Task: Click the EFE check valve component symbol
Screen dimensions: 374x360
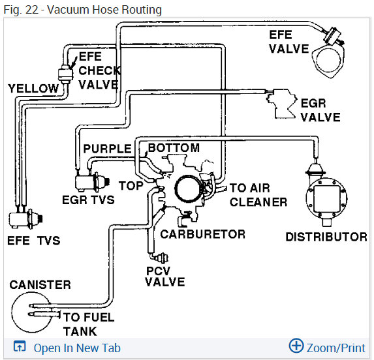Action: (x=65, y=74)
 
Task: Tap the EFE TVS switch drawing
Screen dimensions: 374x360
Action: (x=25, y=219)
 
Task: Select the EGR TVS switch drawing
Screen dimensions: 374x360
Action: (x=92, y=182)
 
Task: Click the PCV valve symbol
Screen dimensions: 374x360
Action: (x=161, y=258)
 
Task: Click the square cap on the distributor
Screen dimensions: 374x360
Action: (x=327, y=199)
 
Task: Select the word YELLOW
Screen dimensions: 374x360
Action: (x=33, y=89)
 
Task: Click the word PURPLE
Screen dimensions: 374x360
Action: (x=107, y=149)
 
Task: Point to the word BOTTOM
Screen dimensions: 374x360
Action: (x=174, y=147)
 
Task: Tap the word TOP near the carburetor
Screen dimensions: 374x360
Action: (x=131, y=186)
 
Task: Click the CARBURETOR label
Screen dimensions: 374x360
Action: (x=203, y=234)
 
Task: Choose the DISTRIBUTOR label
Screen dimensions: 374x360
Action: (x=326, y=237)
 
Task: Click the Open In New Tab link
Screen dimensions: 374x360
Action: (x=77, y=348)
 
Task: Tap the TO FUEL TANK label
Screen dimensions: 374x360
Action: (x=89, y=324)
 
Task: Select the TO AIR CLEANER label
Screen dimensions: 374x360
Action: (x=258, y=195)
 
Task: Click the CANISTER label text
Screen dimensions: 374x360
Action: (x=40, y=285)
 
